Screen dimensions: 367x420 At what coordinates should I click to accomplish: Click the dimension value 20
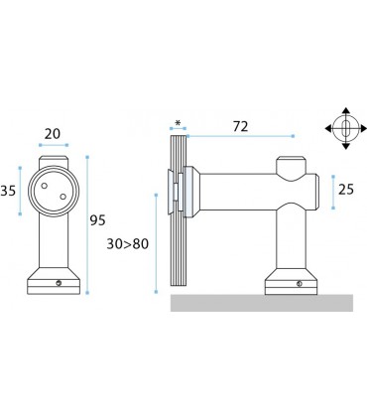coord(53,134)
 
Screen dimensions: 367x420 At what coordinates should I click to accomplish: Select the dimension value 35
coord(8,191)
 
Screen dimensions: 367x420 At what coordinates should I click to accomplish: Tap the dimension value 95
coord(98,220)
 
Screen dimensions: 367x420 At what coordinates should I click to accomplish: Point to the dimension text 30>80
coord(128,244)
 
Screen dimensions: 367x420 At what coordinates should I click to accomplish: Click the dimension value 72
coord(240,126)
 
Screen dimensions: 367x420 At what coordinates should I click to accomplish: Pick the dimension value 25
coord(346,190)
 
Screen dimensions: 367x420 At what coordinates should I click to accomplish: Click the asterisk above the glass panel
coord(178,123)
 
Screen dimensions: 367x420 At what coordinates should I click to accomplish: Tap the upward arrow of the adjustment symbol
coord(346,111)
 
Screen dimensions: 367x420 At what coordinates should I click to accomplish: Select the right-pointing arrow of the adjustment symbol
coord(363,128)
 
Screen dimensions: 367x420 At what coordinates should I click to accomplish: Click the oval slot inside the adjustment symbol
coord(346,128)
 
